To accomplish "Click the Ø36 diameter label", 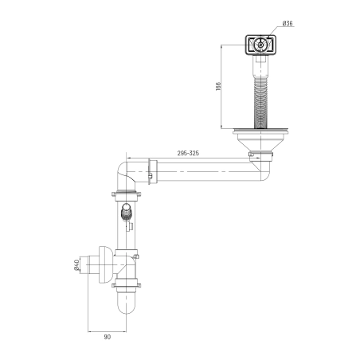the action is (x=288, y=23).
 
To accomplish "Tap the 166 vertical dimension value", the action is (x=218, y=87).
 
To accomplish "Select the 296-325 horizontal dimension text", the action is (x=188, y=153).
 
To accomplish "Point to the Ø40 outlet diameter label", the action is (x=76, y=265).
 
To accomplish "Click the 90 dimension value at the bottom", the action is (x=108, y=337).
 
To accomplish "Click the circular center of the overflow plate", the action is (x=260, y=45).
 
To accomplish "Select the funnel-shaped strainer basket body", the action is (x=260, y=143).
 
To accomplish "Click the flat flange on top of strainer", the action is (x=260, y=131).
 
